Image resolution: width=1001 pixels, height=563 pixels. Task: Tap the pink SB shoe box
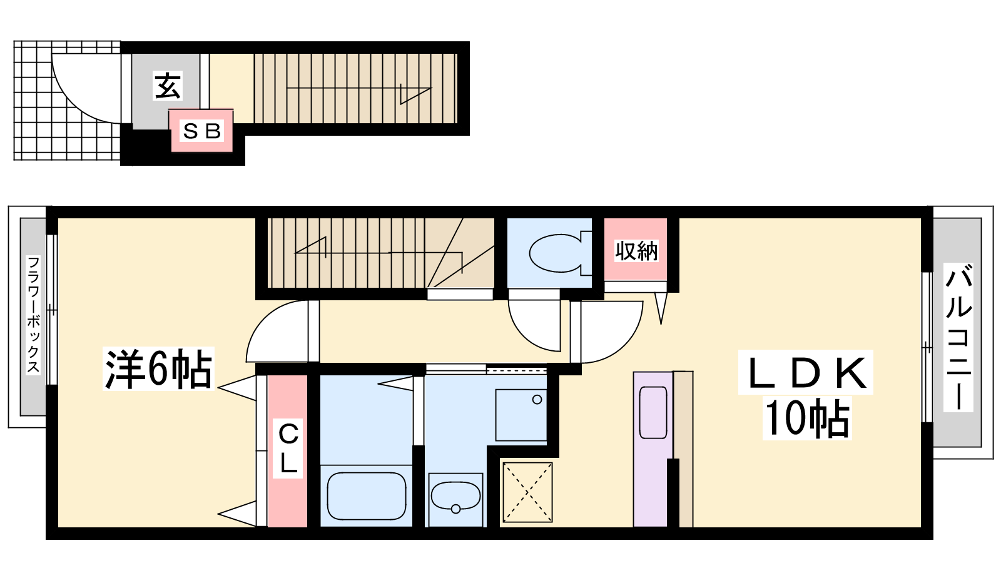click(x=201, y=131)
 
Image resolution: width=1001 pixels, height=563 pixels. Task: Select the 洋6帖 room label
click(x=158, y=369)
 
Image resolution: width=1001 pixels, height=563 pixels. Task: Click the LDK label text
click(x=806, y=372)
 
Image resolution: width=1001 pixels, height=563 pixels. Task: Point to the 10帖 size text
click(x=806, y=418)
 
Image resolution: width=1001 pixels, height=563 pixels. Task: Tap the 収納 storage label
click(x=636, y=251)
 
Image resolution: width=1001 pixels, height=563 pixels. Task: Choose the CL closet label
click(x=288, y=448)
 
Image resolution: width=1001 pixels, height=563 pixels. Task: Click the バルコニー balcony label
click(x=958, y=338)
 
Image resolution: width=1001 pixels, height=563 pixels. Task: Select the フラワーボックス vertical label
click(x=34, y=315)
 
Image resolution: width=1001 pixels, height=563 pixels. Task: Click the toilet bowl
click(x=556, y=253)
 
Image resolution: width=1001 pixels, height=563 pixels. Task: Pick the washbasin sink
click(x=455, y=495)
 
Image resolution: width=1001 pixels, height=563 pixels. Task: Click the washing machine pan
click(x=521, y=415)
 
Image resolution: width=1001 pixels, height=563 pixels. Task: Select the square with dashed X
click(x=528, y=492)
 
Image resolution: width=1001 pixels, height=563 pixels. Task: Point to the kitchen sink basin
click(x=653, y=412)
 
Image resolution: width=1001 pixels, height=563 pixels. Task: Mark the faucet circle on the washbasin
click(x=456, y=509)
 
